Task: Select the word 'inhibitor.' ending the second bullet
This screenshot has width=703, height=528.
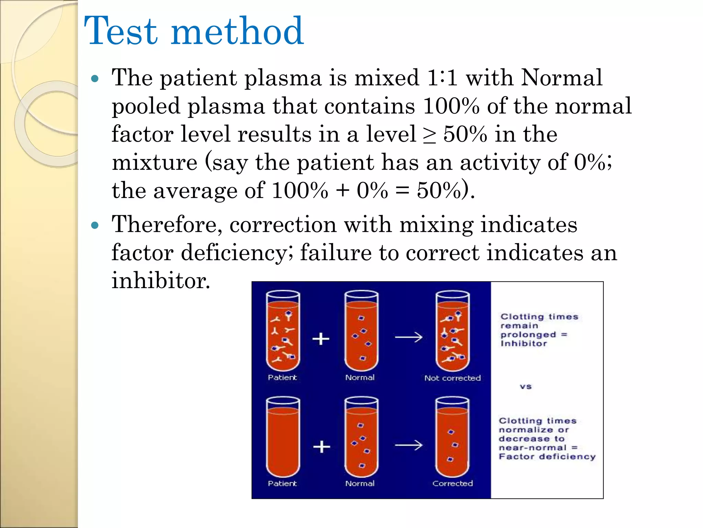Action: tap(161, 280)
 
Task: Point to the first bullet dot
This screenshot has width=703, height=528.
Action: tap(95, 79)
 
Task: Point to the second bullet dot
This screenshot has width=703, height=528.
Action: tap(95, 225)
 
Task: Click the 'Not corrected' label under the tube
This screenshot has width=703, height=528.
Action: tap(452, 378)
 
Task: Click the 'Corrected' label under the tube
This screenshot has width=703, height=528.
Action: tap(452, 483)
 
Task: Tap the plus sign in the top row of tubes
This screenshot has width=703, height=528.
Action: tap(321, 339)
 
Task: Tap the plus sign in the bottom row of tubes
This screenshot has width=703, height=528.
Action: tap(322, 447)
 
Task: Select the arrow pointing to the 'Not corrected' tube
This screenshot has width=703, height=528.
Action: tap(408, 337)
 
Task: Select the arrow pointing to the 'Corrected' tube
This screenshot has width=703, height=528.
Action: tap(408, 445)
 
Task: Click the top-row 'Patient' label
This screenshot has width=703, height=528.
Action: tap(282, 377)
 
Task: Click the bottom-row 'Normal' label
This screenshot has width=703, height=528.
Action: tap(360, 483)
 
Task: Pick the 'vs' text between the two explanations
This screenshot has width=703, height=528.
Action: tap(526, 386)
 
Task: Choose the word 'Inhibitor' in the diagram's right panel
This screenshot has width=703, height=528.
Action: tap(523, 343)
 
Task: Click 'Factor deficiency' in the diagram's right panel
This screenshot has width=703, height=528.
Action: tap(547, 456)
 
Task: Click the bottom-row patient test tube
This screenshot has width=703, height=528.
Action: tap(283, 437)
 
